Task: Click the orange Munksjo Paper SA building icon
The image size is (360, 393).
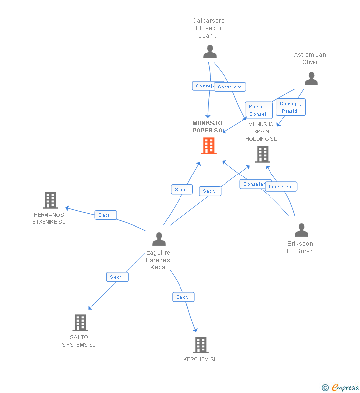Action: point(209,146)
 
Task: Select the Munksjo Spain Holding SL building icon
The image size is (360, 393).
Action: point(262,154)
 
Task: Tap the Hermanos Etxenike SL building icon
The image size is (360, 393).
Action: point(50,200)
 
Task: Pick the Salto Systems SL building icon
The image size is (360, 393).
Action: point(80,323)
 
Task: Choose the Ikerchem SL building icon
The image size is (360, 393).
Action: point(200,345)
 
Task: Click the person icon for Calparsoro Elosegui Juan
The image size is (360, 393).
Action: point(210,52)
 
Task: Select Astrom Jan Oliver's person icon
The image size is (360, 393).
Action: point(311,78)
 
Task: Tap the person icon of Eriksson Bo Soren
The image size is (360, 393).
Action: point(301,230)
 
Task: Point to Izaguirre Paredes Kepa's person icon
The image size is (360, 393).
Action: point(159,239)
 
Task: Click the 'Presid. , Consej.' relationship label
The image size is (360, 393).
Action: point(259,110)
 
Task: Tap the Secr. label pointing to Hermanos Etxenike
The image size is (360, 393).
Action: point(105,215)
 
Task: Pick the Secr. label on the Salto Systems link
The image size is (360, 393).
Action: point(117,277)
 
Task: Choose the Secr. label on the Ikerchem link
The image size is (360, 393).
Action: point(183,297)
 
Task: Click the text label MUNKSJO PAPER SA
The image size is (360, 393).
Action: point(207,127)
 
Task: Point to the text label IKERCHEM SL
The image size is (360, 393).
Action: point(199,359)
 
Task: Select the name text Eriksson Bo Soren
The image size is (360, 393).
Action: point(300,247)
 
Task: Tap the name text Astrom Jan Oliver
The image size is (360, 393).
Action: point(310,58)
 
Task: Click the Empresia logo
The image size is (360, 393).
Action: point(341,388)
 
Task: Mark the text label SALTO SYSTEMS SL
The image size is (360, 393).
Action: point(79,341)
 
